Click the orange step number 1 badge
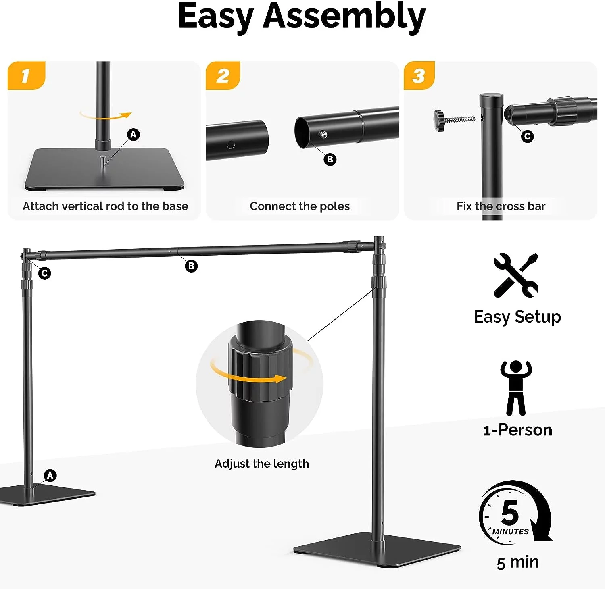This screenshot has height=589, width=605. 26,75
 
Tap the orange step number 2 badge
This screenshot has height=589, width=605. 223,75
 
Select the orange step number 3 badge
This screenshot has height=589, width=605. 419,75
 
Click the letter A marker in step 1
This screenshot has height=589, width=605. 134,135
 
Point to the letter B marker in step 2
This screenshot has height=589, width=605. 330,159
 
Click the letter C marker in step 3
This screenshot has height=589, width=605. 527,137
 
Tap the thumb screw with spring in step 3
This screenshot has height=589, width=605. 453,120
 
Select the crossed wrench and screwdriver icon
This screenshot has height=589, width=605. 516,275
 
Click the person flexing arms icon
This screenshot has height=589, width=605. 516,387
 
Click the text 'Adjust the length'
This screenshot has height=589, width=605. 262,464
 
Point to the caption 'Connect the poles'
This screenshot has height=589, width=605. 300,206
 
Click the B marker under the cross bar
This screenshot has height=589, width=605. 191,266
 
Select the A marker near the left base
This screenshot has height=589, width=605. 50,476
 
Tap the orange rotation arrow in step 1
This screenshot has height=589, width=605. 106,116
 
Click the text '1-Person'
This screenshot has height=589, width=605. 517,430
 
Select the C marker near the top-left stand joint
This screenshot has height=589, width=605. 45,273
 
